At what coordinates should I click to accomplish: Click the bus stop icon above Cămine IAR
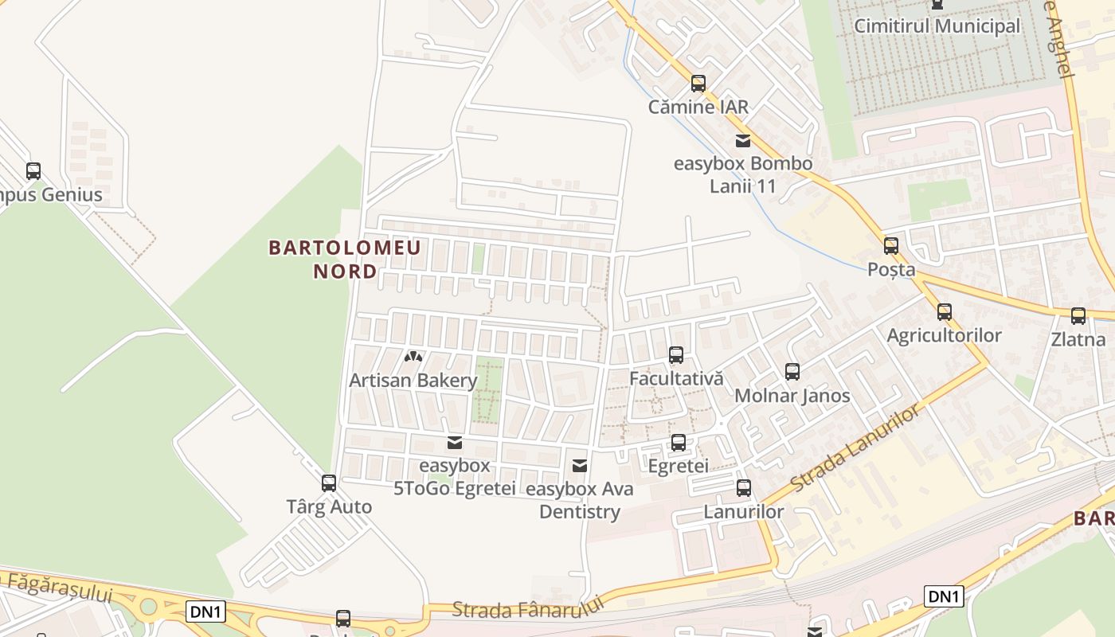(698, 83)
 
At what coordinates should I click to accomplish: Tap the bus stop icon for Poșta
(891, 246)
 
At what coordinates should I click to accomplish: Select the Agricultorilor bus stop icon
(945, 311)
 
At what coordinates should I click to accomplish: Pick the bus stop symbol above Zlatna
(1078, 316)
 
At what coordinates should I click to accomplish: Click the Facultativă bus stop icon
(676, 355)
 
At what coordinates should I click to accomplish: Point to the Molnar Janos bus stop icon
(792, 372)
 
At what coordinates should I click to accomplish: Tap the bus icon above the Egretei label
(679, 443)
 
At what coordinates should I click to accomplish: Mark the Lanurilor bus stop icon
(744, 488)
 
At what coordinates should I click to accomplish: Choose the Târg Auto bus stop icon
(329, 483)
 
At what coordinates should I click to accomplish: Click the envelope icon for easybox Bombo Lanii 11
(743, 141)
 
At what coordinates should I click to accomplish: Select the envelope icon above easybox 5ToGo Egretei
(455, 442)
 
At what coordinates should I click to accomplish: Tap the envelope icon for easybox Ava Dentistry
(580, 465)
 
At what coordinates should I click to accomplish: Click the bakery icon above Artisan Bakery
(413, 358)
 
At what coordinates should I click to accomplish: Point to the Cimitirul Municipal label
(937, 26)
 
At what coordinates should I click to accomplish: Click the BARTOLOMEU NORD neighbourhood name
(345, 260)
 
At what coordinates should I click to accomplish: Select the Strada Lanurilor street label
(855, 447)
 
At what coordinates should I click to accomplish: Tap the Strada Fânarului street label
(528, 608)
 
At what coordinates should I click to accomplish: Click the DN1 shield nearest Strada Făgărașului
(207, 612)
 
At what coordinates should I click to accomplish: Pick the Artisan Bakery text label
(413, 381)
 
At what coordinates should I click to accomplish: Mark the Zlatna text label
(1078, 340)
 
